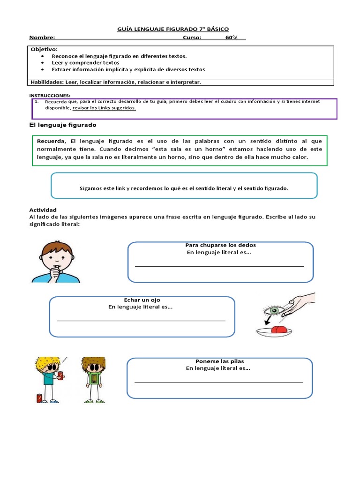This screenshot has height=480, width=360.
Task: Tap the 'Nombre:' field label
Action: point(42,38)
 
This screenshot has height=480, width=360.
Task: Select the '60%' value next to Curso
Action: point(231,38)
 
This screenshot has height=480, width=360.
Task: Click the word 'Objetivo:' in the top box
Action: point(44,49)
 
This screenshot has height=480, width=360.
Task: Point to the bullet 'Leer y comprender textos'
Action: point(85,63)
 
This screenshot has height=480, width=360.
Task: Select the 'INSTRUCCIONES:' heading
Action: point(49,95)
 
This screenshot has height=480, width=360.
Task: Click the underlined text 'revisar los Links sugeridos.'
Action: point(104,108)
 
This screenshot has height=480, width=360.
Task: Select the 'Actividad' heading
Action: point(43,210)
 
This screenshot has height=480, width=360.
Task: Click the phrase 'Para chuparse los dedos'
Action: point(220,245)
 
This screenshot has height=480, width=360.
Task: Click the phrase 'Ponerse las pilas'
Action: point(219,361)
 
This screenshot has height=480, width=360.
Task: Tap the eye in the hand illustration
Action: point(273,310)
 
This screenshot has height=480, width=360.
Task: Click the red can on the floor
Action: point(39,398)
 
